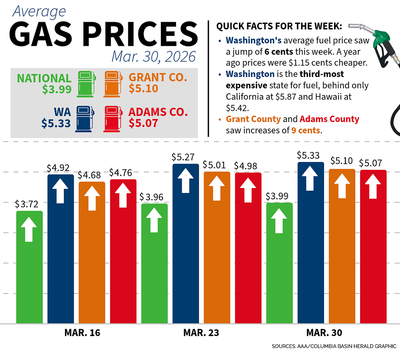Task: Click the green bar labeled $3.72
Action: [29, 267]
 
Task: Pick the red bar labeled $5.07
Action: [373, 246]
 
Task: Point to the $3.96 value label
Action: [151, 197]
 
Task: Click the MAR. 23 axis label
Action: [201, 333]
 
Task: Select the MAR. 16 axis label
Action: [82, 333]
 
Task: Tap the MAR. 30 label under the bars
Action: [324, 333]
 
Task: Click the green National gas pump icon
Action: [85, 84]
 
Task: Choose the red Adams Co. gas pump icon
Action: [112, 119]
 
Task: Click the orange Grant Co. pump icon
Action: [112, 84]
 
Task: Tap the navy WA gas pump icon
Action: [84, 119]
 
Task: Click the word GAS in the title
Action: [43, 34]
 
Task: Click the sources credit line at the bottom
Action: [334, 346]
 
